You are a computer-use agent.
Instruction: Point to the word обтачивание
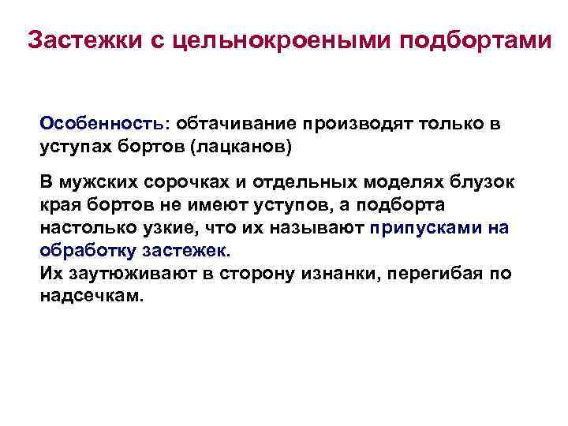point(234,124)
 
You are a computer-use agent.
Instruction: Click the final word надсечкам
point(92,297)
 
